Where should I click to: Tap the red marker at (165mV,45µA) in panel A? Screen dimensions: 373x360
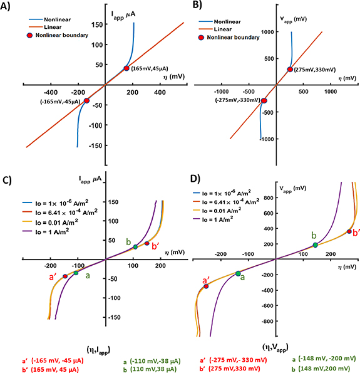click(126, 68)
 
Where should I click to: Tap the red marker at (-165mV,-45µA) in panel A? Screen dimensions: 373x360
click(86, 100)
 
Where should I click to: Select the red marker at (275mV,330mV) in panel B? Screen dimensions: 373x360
click(290, 70)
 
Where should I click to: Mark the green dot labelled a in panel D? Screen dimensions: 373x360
click(238, 273)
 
